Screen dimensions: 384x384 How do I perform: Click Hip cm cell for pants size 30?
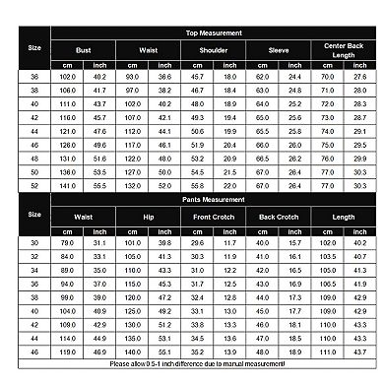coord(132,242)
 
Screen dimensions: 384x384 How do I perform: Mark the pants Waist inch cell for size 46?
coord(99,351)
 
